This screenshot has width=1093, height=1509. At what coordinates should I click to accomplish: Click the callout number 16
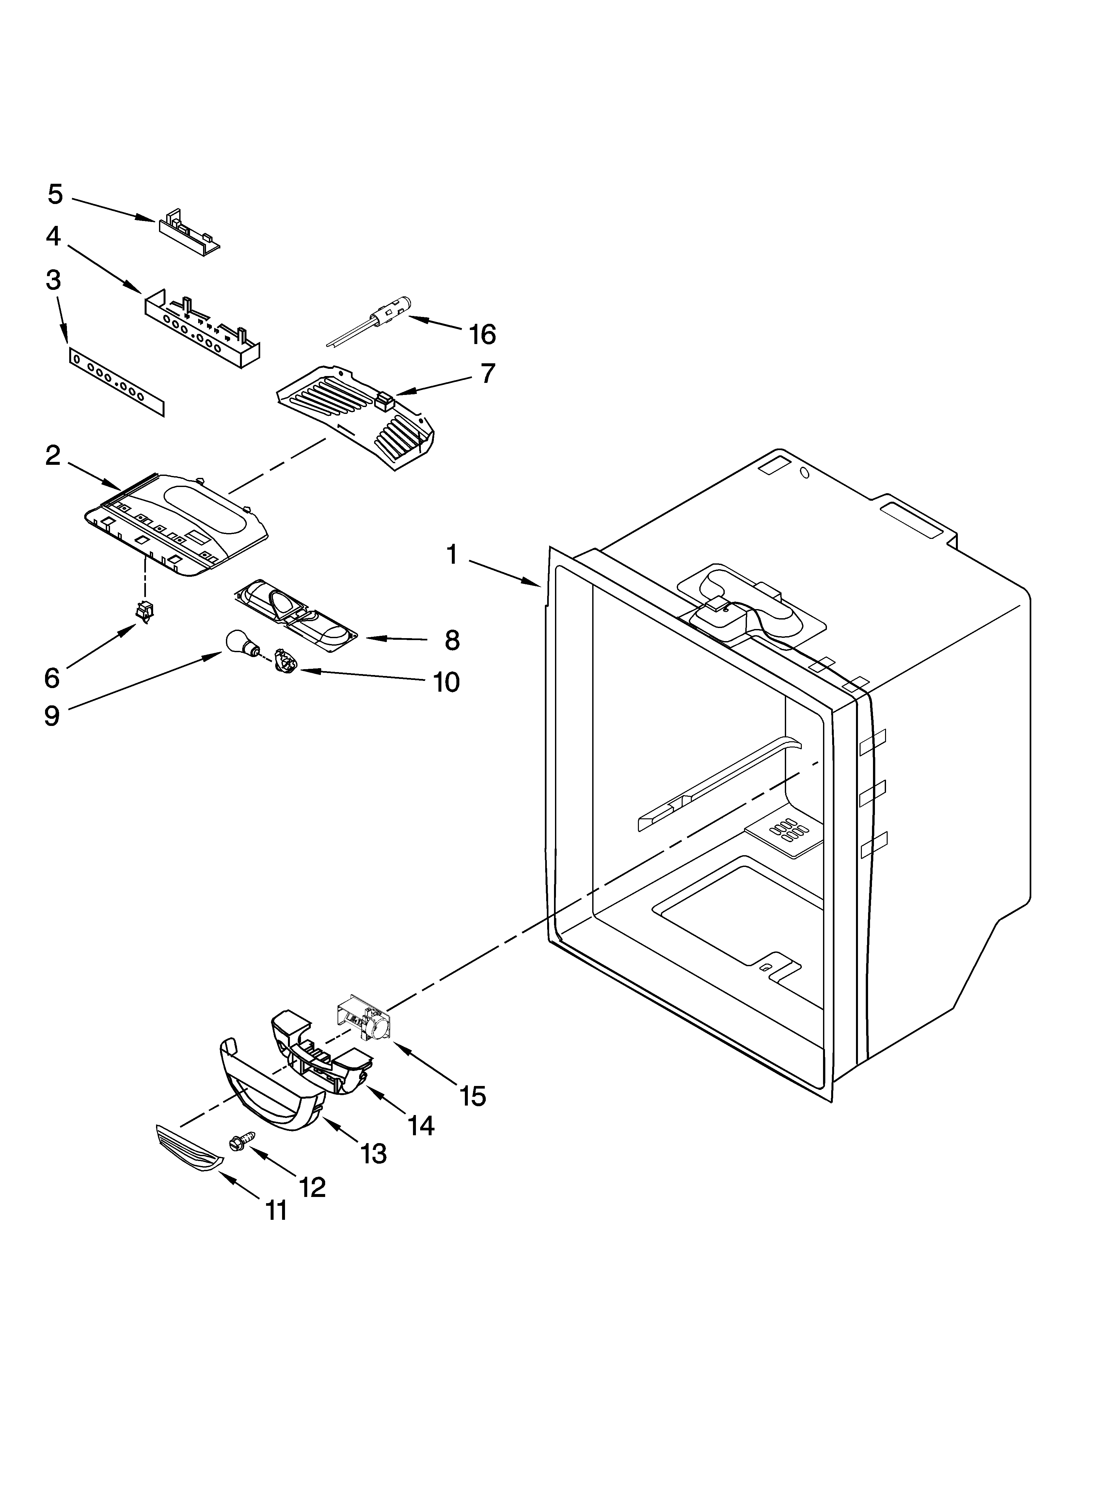483,334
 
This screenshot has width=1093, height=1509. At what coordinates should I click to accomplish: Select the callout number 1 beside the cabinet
453,554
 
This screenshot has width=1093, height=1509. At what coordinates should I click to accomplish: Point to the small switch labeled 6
144,610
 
